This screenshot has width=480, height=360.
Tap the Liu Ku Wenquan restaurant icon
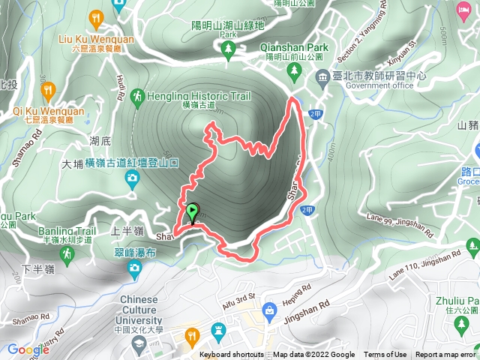[x=96, y=16]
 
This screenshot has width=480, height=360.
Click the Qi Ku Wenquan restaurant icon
[x=49, y=92]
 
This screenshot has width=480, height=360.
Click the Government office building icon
[x=322, y=76]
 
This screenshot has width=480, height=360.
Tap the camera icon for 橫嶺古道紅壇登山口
[x=133, y=178]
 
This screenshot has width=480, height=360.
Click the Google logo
[x=28, y=349]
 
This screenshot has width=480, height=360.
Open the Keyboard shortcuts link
[x=232, y=355]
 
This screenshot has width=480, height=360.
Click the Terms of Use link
[x=385, y=355]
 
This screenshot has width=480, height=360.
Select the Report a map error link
[x=446, y=355]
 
